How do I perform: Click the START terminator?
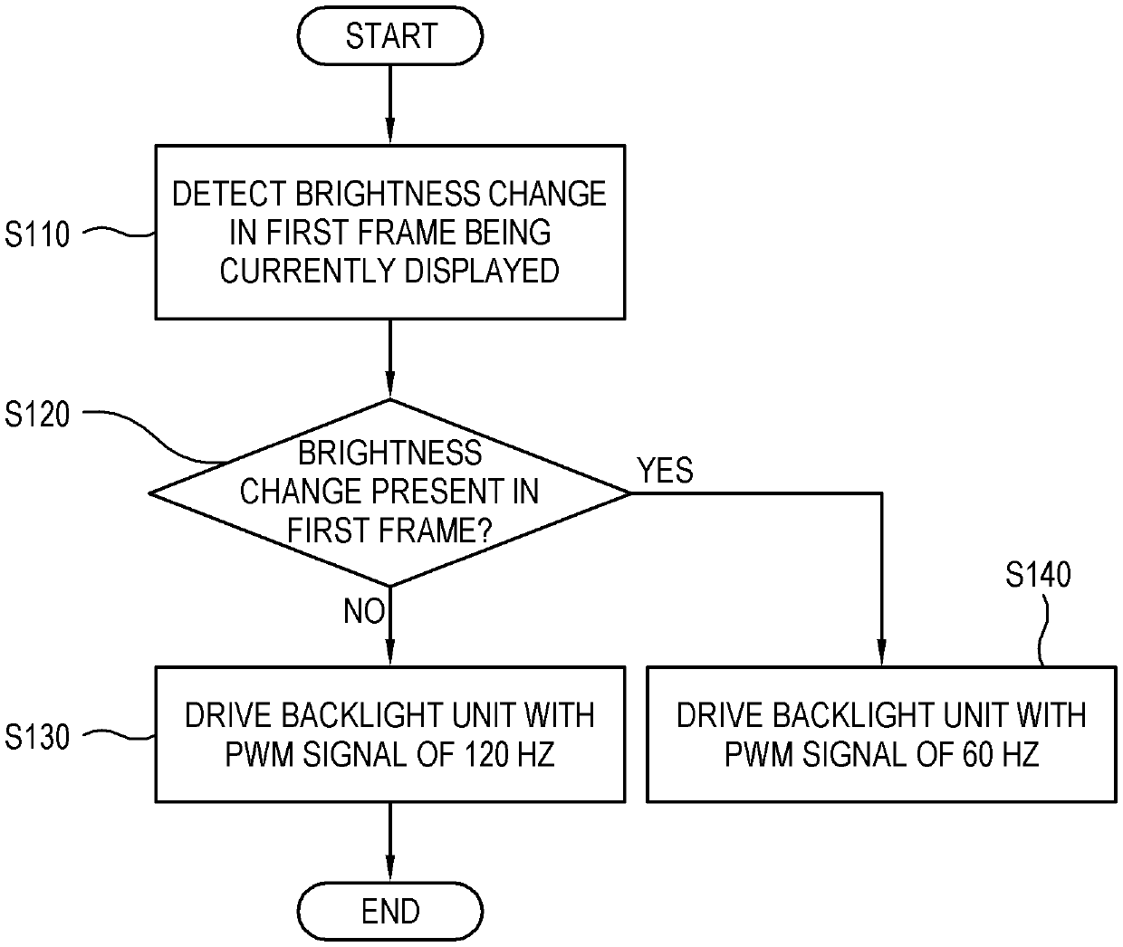coord(390,36)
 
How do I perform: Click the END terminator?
coord(390,911)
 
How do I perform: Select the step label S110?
coord(37,234)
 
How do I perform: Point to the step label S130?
coord(37,737)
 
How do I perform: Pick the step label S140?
coord(1038,574)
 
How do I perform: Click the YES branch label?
coord(666,470)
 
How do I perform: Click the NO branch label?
coord(364,611)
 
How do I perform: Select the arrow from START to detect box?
coord(390,105)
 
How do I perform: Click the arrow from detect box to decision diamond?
coord(390,359)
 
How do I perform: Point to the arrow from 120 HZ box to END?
coord(390,843)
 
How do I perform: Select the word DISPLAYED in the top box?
coord(482,271)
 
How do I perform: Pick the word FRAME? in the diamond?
coord(436,531)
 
